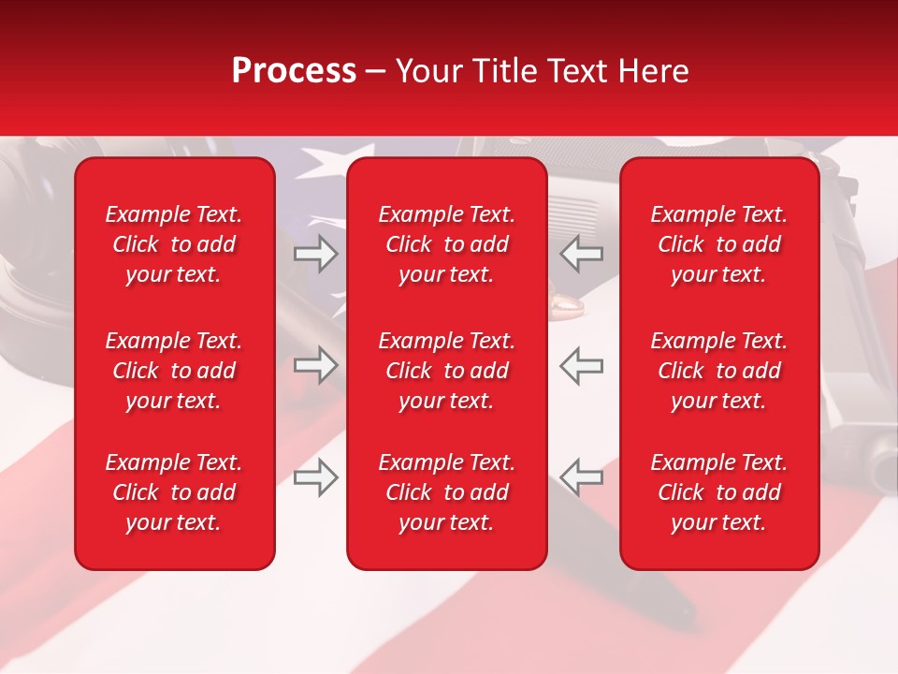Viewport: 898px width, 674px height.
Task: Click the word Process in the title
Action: [x=294, y=71]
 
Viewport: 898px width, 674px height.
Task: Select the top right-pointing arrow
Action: [x=315, y=254]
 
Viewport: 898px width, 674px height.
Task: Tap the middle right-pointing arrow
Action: [x=315, y=365]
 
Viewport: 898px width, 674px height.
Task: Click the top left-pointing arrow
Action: [x=582, y=254]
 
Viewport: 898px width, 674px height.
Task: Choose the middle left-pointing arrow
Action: [x=582, y=365]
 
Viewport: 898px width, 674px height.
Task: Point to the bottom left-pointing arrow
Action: [x=582, y=477]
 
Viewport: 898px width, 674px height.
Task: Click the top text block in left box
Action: [x=174, y=244]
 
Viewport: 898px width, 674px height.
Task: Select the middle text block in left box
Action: [x=174, y=371]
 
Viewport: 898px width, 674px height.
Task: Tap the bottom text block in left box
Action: [x=174, y=492]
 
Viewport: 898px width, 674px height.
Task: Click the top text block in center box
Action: [x=447, y=244]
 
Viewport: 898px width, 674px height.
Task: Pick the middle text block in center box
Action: [x=447, y=371]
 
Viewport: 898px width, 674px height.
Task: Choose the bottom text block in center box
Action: [x=447, y=492]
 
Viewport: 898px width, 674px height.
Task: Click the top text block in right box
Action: [x=719, y=244]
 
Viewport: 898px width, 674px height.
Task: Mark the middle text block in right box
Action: [x=719, y=371]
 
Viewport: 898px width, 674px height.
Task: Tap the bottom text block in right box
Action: [x=719, y=492]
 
